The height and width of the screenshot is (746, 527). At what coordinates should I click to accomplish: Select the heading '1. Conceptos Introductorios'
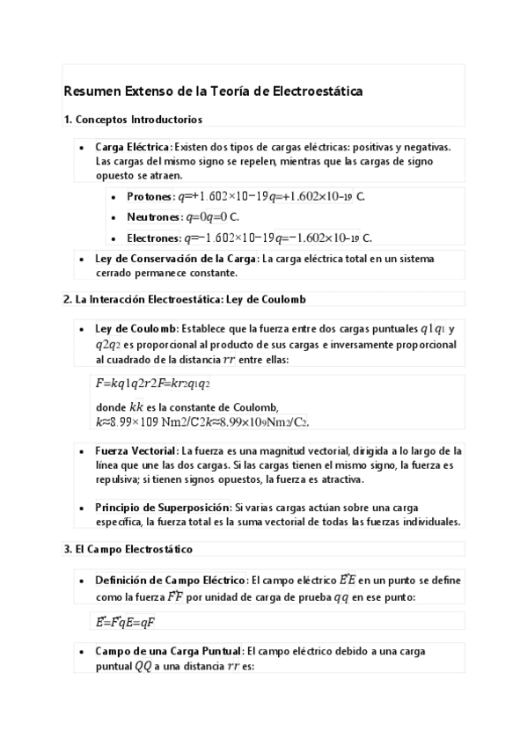point(133,119)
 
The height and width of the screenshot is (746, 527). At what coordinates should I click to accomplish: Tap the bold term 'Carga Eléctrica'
point(133,148)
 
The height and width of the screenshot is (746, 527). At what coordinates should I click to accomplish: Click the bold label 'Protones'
point(150,197)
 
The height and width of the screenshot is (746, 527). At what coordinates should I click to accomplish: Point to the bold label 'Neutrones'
point(153,217)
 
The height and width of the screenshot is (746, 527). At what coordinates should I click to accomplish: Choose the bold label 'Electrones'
point(153,238)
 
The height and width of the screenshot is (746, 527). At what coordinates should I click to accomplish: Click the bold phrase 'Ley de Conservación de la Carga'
point(176,259)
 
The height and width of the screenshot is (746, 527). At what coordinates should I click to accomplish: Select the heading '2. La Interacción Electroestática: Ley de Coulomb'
point(184,299)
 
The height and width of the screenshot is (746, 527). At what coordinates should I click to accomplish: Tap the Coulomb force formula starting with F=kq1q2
point(152,384)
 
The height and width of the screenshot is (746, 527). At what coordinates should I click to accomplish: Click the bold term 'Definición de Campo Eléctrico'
point(170,581)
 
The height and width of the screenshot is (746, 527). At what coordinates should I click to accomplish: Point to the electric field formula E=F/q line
point(125,622)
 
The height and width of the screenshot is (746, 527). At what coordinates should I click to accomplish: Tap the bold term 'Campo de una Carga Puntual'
point(168,651)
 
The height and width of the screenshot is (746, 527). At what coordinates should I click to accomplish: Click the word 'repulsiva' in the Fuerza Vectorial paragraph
point(117,480)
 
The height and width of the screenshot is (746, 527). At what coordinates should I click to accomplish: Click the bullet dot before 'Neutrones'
point(114,217)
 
